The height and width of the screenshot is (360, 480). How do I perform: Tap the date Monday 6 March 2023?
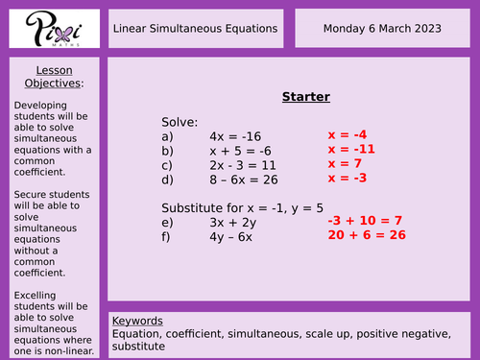(x=381, y=28)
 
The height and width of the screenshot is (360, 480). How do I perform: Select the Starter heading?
(x=305, y=97)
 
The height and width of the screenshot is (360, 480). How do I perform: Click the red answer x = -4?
(x=348, y=135)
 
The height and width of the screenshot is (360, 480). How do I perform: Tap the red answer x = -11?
(x=351, y=150)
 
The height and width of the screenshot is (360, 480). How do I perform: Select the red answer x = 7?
(x=346, y=164)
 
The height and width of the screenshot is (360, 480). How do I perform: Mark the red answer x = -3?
(x=348, y=179)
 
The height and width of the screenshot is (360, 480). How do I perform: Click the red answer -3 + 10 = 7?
(x=365, y=222)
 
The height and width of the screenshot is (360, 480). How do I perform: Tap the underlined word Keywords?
(x=137, y=321)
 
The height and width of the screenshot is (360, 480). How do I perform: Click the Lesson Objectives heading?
(x=54, y=77)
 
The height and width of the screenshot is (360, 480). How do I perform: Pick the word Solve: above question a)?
(x=180, y=122)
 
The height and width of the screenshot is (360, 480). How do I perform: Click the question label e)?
(x=168, y=223)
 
